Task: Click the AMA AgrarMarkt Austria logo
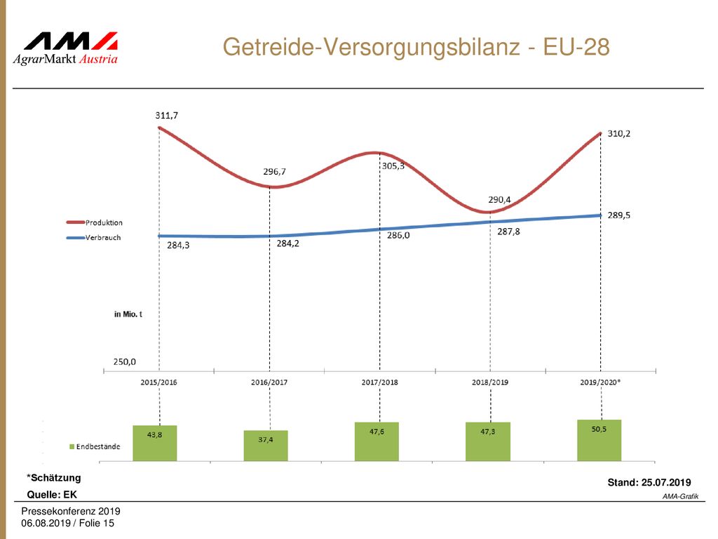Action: (65, 48)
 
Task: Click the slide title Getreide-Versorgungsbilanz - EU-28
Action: (416, 47)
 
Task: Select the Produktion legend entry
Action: (95, 222)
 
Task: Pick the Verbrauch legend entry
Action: (93, 238)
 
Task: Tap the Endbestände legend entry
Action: (95, 446)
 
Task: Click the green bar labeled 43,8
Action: (155, 444)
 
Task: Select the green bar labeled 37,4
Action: (266, 446)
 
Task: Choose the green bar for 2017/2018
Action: (377, 441)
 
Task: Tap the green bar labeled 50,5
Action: (599, 440)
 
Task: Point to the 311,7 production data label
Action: (167, 116)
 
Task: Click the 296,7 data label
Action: (274, 171)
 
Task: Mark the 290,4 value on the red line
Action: (499, 200)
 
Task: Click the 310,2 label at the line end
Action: (618, 133)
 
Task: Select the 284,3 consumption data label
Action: (178, 245)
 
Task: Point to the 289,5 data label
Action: (618, 215)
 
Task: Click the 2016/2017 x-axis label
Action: (269, 382)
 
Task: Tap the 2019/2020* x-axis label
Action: (600, 382)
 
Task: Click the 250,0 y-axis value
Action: (125, 361)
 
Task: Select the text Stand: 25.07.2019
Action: (649, 482)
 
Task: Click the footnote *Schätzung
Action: (53, 477)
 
